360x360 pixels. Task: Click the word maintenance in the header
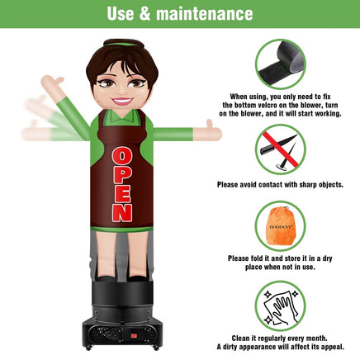click(x=205, y=14)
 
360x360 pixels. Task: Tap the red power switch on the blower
click(x=134, y=336)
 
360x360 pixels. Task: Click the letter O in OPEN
click(x=122, y=157)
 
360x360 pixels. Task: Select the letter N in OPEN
click(x=122, y=213)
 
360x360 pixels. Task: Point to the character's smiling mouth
click(x=121, y=101)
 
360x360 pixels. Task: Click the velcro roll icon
click(x=280, y=64)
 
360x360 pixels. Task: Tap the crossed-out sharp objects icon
click(x=280, y=149)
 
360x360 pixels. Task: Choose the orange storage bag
click(x=280, y=225)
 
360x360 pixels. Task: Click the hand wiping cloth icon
click(x=280, y=306)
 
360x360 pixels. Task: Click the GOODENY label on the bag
click(x=281, y=227)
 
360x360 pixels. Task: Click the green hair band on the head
click(x=123, y=44)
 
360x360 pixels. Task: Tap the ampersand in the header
click(x=144, y=14)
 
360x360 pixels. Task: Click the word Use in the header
click(x=121, y=14)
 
